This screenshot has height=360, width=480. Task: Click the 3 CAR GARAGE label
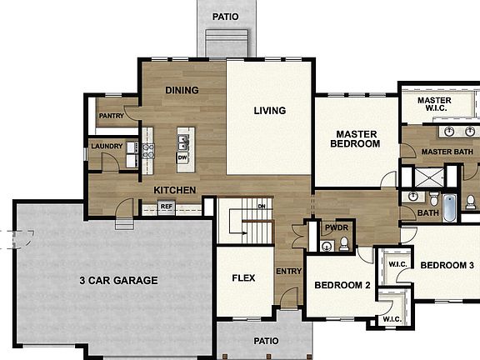click(x=118, y=280)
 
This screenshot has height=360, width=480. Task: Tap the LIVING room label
click(x=269, y=110)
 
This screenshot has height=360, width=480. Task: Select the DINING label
click(x=182, y=90)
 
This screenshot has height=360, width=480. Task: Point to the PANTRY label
click(x=111, y=116)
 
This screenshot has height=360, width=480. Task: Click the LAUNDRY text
click(x=107, y=147)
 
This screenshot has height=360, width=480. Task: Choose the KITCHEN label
click(x=175, y=190)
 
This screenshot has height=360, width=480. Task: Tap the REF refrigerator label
click(x=167, y=206)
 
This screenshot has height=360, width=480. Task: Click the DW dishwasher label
click(x=182, y=157)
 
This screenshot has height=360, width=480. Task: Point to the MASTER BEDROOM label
click(x=357, y=138)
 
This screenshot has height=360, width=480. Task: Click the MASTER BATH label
click(x=447, y=152)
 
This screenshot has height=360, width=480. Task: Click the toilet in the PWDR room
click(x=344, y=244)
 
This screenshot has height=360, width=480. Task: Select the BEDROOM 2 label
click(x=342, y=285)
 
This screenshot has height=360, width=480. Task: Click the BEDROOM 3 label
click(x=447, y=265)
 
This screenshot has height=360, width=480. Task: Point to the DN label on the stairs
click(x=261, y=206)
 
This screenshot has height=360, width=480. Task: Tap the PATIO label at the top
click(x=225, y=16)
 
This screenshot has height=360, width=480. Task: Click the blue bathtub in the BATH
click(x=449, y=207)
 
